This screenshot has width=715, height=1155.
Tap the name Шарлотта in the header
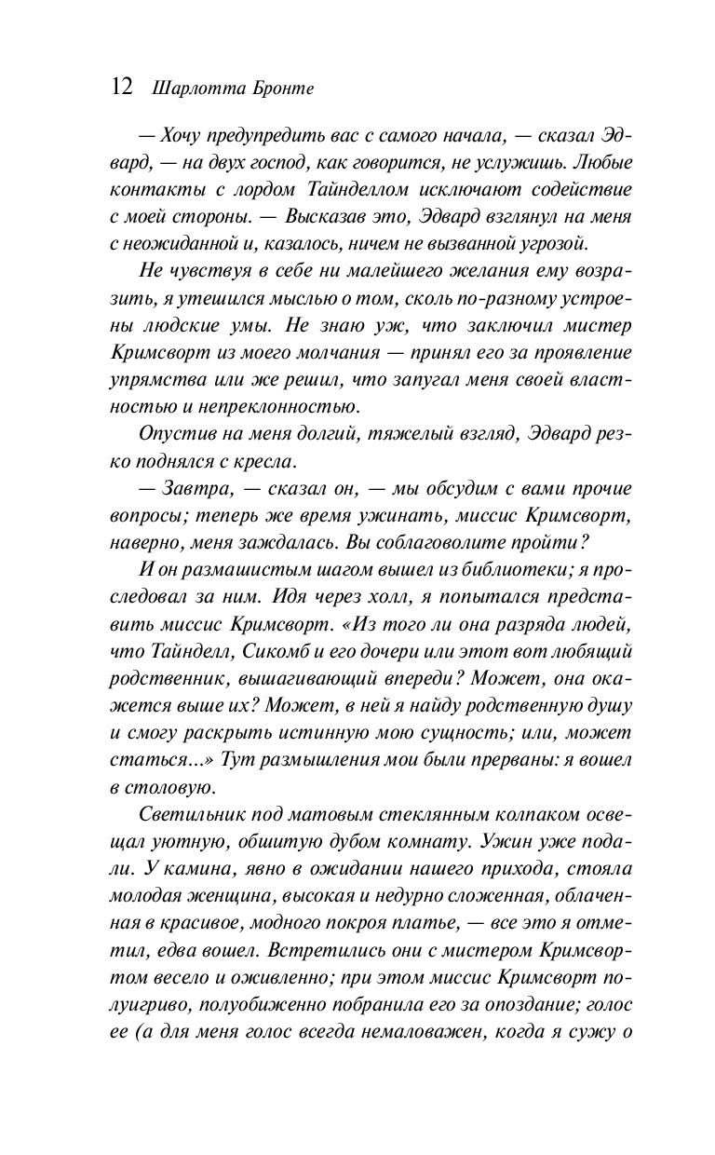pyautogui.click(x=184, y=88)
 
